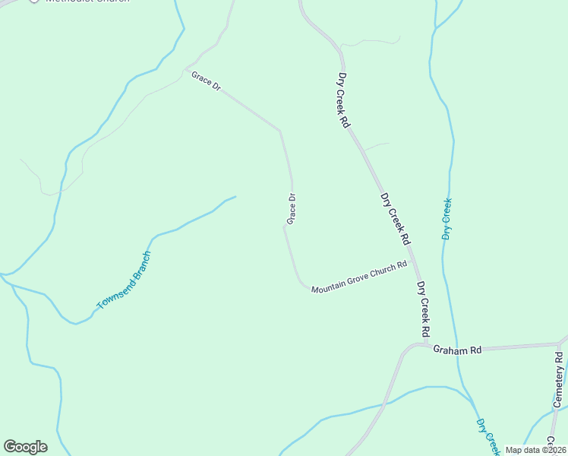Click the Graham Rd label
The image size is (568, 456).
[x=457, y=350]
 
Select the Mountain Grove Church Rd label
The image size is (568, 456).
[x=358, y=277]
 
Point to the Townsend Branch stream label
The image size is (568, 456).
[x=124, y=280]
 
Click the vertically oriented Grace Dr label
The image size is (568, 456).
[x=291, y=209]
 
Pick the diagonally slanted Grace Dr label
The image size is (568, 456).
[x=206, y=82]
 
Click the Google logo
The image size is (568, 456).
[x=25, y=447]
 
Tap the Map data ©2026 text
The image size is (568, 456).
[x=535, y=450]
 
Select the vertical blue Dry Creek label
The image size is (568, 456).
[x=447, y=219]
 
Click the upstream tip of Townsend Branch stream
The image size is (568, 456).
[x=235, y=197]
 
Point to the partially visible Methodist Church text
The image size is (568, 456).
[x=84, y=2]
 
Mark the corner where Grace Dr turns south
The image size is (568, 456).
[x=280, y=130]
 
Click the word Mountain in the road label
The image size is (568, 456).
[x=328, y=287]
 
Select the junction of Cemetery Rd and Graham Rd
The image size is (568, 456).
[x=560, y=344]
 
